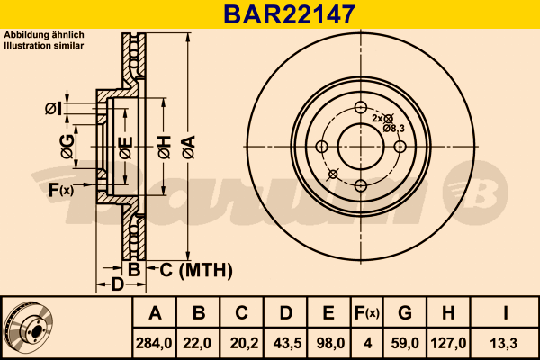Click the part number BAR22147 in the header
pyautogui.click(x=289, y=14)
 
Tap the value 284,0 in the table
pyautogui.click(x=154, y=343)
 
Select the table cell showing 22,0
pyautogui.click(x=197, y=343)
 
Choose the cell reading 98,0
pyautogui.click(x=330, y=343)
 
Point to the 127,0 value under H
pyautogui.click(x=448, y=343)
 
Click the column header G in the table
pyautogui.click(x=405, y=313)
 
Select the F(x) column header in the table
pyautogui.click(x=367, y=313)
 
